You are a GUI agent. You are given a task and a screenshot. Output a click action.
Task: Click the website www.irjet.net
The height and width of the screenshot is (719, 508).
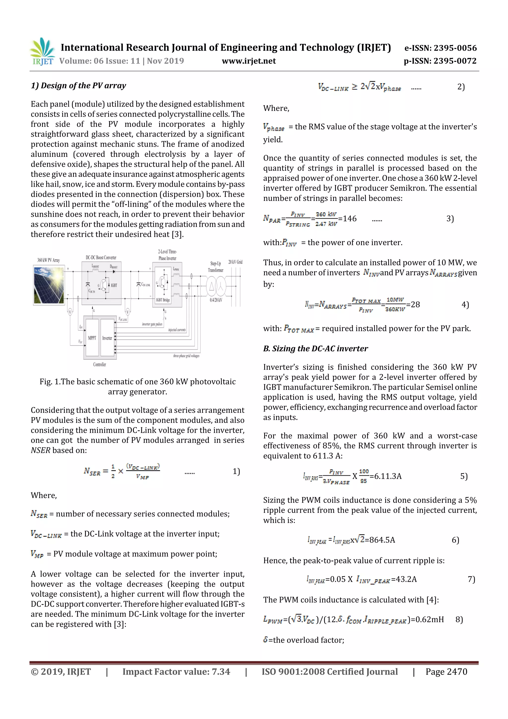tap(249, 61)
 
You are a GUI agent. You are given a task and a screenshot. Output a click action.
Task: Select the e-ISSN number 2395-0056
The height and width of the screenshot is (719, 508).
tap(440, 48)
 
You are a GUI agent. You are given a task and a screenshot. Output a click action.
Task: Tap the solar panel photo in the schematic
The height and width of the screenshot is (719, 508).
tap(49, 285)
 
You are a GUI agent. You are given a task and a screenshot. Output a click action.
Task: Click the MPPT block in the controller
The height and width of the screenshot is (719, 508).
tap(92, 338)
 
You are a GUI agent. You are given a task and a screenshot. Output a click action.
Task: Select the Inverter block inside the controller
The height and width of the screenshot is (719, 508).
tap(107, 338)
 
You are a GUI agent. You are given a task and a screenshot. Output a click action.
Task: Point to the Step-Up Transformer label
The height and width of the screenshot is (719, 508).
tap(216, 267)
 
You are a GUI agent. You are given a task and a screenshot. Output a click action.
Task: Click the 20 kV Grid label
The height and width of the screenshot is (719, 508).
tap(235, 262)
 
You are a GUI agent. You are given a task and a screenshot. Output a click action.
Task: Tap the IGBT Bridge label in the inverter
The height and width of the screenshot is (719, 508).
tap(163, 300)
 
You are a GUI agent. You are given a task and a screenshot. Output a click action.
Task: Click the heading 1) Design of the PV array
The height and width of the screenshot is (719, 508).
tap(78, 85)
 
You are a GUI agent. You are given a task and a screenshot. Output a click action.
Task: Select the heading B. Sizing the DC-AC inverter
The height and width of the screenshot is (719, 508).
tap(315, 348)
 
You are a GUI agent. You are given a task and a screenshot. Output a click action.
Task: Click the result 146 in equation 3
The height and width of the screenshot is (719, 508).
tap(349, 219)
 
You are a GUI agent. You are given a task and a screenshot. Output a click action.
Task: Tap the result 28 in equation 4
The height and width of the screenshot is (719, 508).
tap(415, 304)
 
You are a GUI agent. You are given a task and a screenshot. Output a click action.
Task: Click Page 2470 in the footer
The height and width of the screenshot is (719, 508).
tap(446, 672)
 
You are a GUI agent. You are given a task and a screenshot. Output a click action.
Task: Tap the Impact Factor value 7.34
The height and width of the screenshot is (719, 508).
tap(176, 672)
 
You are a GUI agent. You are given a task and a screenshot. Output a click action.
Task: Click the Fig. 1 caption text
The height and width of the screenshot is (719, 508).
tap(137, 386)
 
